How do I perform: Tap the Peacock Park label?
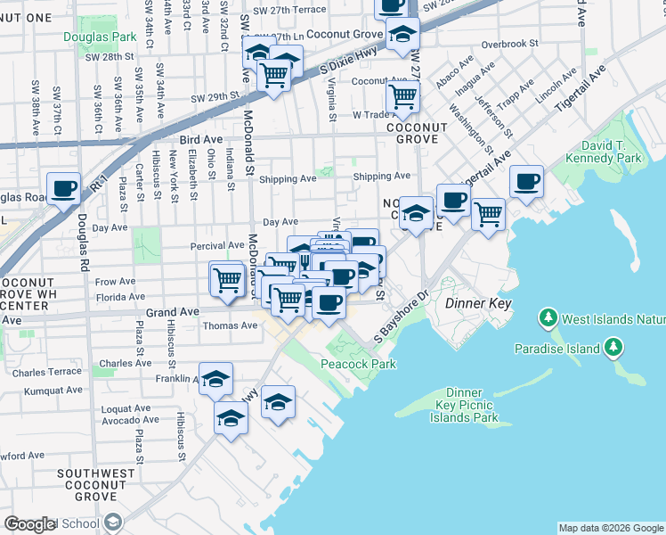[359, 364]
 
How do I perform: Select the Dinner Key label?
[475, 303]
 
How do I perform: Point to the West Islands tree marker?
[549, 318]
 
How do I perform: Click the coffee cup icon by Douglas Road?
[64, 189]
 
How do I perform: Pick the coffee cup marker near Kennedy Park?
[525, 182]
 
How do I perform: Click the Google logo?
[29, 524]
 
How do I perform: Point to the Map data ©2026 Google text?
[610, 528]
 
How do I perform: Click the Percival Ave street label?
[217, 245]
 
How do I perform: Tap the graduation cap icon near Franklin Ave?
[215, 380]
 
